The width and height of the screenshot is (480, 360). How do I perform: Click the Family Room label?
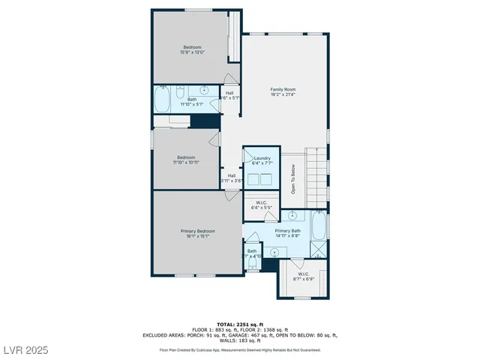click(x=283, y=89)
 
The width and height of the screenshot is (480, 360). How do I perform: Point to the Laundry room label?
click(x=262, y=158)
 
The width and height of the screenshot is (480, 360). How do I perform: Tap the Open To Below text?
click(x=294, y=179)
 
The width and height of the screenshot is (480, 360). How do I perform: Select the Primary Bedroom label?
click(x=198, y=231)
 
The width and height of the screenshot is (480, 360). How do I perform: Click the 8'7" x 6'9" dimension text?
click(x=303, y=278)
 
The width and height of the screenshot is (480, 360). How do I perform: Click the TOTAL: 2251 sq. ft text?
click(x=240, y=324)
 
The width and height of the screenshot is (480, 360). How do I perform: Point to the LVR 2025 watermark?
click(x=27, y=350)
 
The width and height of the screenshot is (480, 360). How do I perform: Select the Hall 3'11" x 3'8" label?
click(x=232, y=178)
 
